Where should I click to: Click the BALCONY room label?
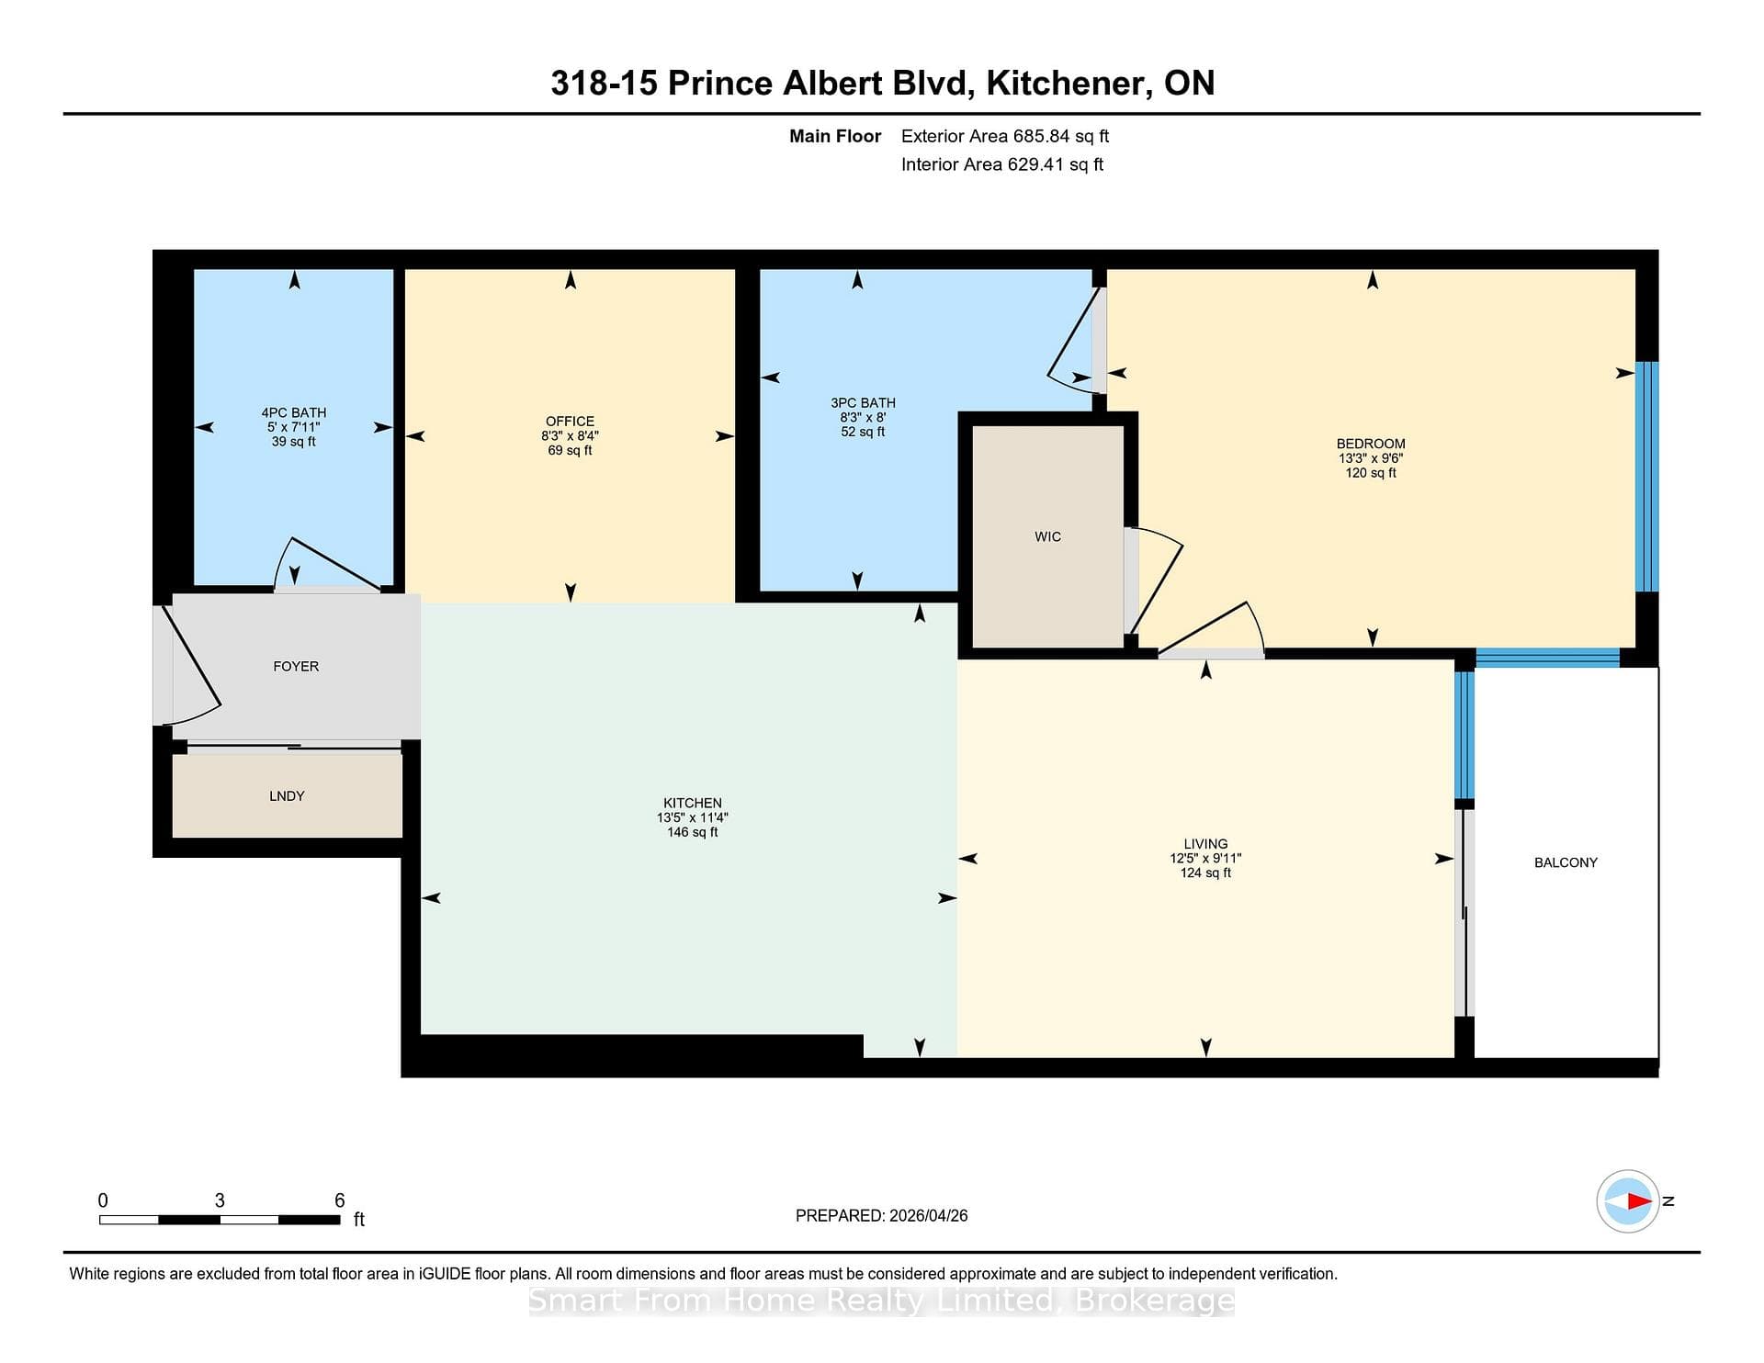(x=1566, y=862)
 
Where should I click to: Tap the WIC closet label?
(x=1047, y=536)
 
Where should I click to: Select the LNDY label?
(x=287, y=796)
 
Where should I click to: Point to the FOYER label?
(x=296, y=667)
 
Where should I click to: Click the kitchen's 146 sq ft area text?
(x=693, y=832)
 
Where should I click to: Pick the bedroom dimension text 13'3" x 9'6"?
(x=1371, y=458)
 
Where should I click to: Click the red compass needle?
(x=1639, y=1200)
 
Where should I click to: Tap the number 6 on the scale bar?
(x=339, y=1200)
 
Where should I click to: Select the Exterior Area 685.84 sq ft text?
(x=1005, y=136)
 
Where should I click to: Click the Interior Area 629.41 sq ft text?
(x=1002, y=164)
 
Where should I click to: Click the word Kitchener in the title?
(x=1066, y=84)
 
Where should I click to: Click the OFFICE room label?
(x=570, y=422)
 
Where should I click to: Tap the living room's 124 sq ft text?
(x=1205, y=873)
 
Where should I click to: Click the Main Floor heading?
(x=835, y=136)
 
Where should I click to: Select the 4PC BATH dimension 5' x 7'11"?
(x=294, y=427)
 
